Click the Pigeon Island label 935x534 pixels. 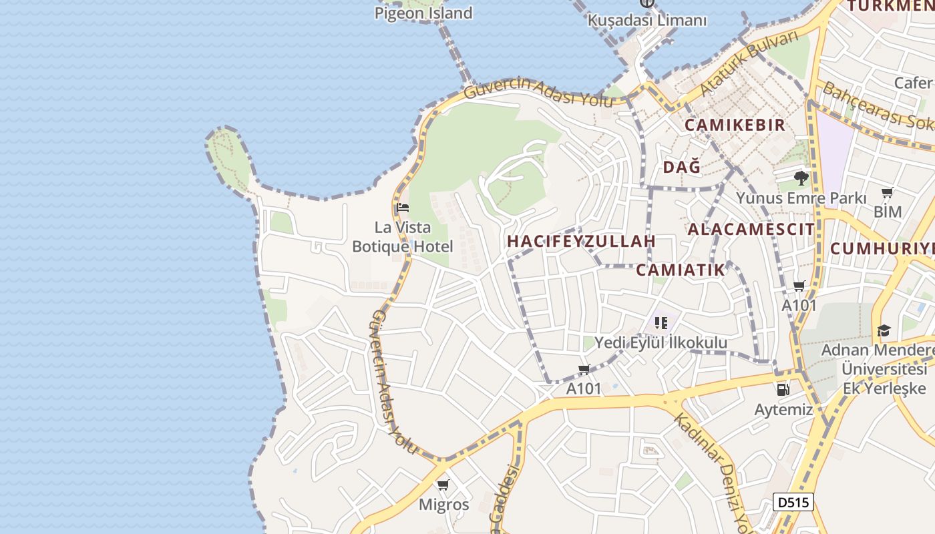(x=423, y=13)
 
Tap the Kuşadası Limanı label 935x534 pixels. (x=646, y=20)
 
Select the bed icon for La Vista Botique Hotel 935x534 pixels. (x=402, y=208)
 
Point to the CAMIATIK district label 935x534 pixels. (x=680, y=270)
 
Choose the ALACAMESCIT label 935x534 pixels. (x=751, y=230)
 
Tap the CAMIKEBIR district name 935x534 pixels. (x=735, y=125)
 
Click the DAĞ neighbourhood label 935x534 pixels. (x=682, y=167)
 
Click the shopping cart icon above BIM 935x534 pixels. (x=887, y=194)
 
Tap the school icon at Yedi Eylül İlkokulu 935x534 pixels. (x=661, y=324)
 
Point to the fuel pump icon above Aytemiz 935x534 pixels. (x=783, y=389)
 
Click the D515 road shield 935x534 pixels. (x=793, y=502)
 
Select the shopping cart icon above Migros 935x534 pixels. (x=443, y=485)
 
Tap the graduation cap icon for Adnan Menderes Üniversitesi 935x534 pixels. (x=884, y=330)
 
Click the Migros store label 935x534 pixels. (x=443, y=505)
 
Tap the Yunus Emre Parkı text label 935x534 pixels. (x=801, y=198)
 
